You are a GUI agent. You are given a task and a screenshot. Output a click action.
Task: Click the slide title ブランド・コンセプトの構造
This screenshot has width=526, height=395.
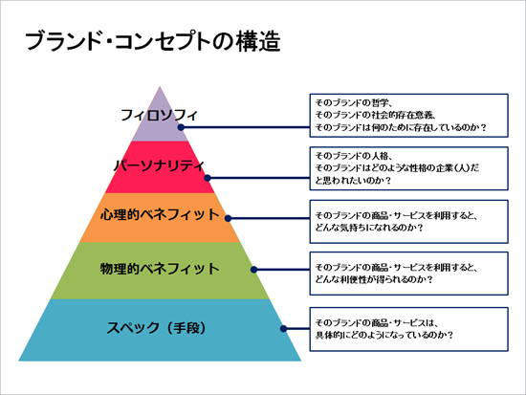point(153,42)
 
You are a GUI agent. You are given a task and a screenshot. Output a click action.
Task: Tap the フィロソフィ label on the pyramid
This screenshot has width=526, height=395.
point(159,115)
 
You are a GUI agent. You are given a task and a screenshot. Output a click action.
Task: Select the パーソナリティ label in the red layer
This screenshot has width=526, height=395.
point(159,165)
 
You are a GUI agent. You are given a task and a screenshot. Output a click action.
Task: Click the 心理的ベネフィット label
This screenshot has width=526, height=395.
point(160,214)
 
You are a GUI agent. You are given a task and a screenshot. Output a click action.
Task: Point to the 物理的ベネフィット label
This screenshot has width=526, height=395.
point(160,269)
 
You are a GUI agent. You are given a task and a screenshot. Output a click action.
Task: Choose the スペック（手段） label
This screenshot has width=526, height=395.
point(156,327)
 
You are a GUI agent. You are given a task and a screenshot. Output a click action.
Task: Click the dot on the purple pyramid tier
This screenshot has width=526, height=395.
point(181,127)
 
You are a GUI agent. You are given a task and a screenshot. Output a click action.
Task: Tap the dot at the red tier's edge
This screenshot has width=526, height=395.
point(208,178)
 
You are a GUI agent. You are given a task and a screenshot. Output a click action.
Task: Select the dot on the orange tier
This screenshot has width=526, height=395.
point(229,218)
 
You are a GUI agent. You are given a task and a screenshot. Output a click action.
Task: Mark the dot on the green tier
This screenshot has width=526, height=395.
point(254,270)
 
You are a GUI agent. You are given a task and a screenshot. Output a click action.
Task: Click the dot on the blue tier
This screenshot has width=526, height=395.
point(283,329)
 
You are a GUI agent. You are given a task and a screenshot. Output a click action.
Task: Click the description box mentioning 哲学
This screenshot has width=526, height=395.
point(409,116)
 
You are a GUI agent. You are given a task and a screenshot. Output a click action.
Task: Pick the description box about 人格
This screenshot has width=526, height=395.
point(409,168)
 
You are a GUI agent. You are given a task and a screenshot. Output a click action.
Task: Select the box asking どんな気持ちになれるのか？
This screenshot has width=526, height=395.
point(409,222)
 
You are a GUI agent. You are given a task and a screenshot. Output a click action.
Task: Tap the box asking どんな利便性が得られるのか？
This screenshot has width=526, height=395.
point(409,274)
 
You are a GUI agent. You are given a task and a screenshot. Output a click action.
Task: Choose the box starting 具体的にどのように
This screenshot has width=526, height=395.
point(409,329)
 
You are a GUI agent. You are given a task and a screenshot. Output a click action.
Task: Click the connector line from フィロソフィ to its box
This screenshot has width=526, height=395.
point(245,127)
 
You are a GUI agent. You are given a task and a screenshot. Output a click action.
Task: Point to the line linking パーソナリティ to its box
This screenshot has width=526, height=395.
point(258,178)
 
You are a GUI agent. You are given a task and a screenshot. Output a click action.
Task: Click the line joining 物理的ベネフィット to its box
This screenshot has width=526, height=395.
point(282,270)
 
